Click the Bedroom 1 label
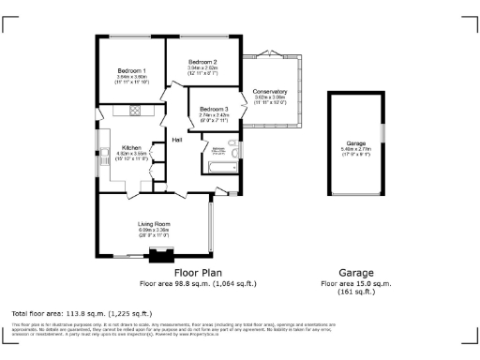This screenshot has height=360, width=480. click(130, 71)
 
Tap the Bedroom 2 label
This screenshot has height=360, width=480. click(202, 61)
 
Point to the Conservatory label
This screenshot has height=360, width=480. click(270, 91)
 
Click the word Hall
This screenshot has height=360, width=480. click(176, 140)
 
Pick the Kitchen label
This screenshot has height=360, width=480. click(130, 148)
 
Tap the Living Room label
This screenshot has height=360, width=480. click(154, 223)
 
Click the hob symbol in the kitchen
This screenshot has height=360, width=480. click(134, 111)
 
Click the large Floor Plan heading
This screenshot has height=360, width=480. click(198, 273)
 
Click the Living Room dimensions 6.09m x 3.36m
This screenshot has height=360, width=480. click(154, 230)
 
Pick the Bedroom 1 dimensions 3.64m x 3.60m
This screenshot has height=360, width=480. click(130, 78)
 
